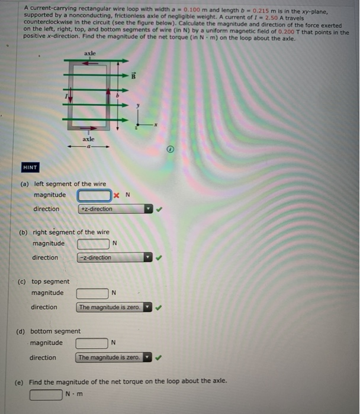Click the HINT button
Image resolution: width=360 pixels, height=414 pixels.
30,167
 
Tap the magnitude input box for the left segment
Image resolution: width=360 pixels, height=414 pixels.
94,195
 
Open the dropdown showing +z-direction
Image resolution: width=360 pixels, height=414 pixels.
115,209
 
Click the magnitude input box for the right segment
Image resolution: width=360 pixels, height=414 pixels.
93,244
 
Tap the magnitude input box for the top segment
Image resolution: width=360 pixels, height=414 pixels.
92,293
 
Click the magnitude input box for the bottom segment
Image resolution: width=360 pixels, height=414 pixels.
91,343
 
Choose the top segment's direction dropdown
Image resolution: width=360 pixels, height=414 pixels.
115,307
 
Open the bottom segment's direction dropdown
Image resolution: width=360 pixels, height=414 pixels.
114,357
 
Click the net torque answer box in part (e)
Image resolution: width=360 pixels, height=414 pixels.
46,394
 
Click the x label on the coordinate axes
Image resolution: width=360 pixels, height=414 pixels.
156,125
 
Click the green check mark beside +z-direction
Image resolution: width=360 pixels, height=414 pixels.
158,209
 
